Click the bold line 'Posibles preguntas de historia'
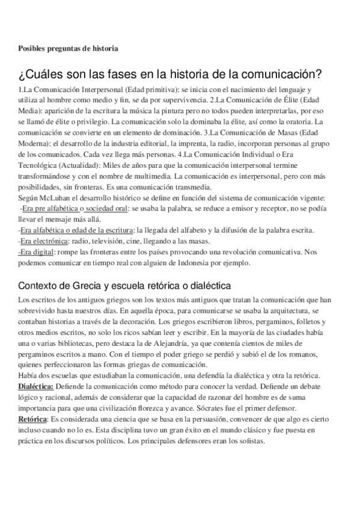click(67, 48)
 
